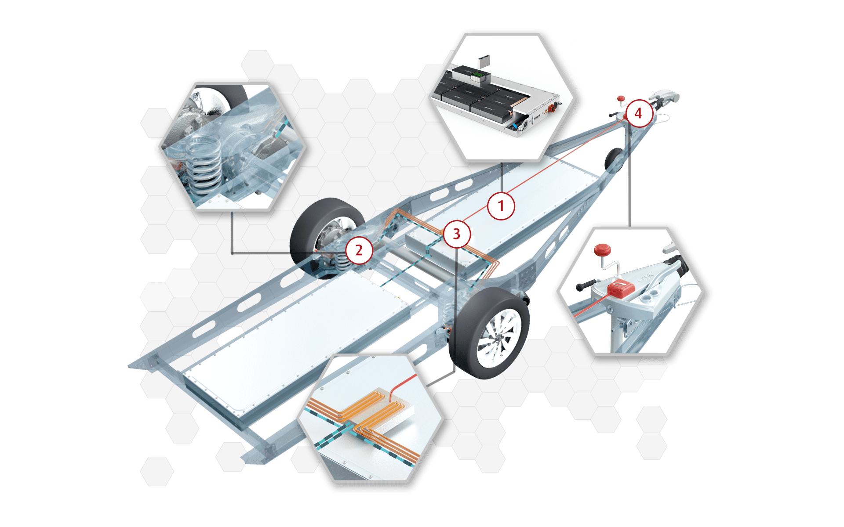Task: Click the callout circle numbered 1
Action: [x=501, y=206]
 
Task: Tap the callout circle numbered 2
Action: [x=359, y=250]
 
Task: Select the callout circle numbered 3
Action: [x=457, y=234]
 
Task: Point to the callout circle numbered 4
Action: [x=638, y=113]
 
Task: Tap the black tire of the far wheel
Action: [x=308, y=228]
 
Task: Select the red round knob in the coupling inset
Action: [x=602, y=251]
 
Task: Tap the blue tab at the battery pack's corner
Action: [x=514, y=129]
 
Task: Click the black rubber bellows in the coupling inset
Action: [x=675, y=263]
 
